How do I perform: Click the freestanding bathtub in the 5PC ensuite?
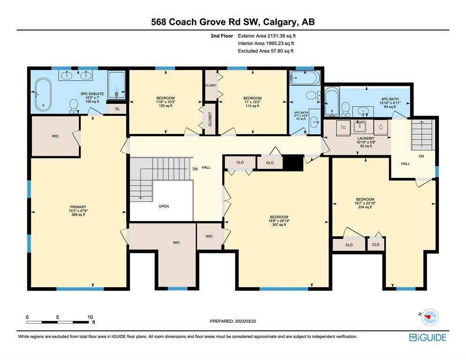point(43,94)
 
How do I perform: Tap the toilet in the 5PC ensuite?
point(74,106)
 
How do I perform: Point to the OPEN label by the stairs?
point(164,207)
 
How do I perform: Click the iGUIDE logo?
point(428,337)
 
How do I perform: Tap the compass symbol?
point(430,317)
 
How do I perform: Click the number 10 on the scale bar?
point(90,317)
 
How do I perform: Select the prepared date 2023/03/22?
point(245,321)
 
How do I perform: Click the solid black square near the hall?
point(293,163)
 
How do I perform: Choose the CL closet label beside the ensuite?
point(117,109)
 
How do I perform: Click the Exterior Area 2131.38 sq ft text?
point(267,36)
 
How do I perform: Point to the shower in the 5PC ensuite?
point(116,85)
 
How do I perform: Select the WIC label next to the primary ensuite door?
point(55,136)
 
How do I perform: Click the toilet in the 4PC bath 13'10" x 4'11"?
point(345,109)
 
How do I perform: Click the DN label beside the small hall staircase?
point(421,156)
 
